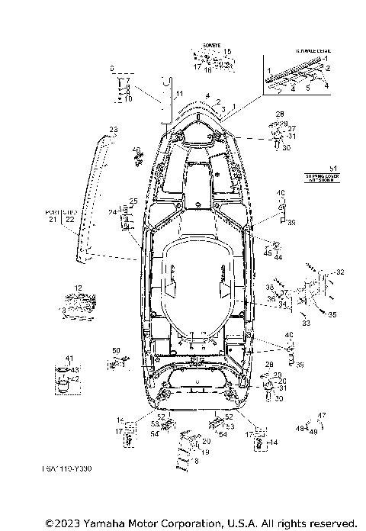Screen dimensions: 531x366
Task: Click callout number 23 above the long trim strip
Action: pos(113,129)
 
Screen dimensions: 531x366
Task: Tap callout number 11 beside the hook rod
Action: pos(180,93)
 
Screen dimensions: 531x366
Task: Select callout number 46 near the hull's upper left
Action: pos(137,150)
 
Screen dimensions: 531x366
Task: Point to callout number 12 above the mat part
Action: pos(79,288)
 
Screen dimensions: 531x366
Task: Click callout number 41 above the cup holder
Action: pos(68,358)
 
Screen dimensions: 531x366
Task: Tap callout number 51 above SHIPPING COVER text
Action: pos(331,167)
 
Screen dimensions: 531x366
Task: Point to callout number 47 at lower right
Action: pos(321,416)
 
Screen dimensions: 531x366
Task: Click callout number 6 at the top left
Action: pos(112,68)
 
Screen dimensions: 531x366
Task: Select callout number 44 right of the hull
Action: pos(278,258)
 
